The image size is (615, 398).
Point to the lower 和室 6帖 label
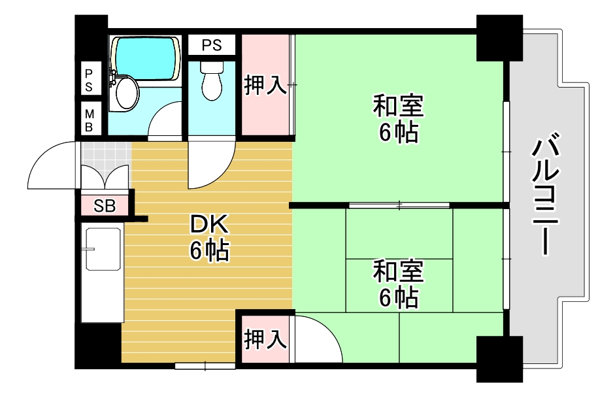coord(398,284)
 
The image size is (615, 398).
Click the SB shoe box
coord(105,206)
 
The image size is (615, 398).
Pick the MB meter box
coord(90,120)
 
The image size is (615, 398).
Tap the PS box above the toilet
coord(211,45)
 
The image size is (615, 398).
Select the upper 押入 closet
coord(265,85)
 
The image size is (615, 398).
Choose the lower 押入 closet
coord(265,339)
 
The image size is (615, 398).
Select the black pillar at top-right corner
coord(498,38)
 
